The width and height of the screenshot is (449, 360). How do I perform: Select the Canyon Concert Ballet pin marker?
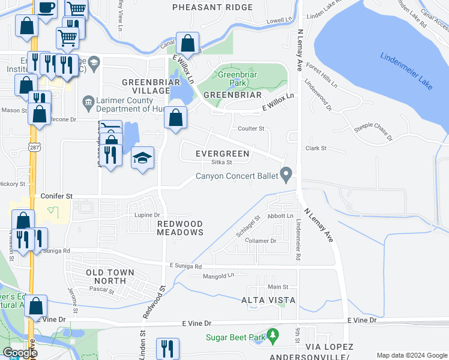pos(287,175)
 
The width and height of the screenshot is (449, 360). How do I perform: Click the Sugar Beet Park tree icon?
pos(273,333)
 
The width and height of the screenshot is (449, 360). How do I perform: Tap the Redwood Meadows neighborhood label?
pos(180,228)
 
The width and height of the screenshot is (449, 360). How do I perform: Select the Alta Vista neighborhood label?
pos(267,299)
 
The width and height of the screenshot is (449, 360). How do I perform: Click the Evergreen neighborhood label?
pos(223,154)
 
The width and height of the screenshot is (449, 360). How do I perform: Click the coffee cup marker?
pos(46,8)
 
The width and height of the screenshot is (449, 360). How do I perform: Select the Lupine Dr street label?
pos(147,215)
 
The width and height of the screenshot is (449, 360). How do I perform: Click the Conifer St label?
pos(56,196)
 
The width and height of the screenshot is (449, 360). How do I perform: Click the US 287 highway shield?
pos(32,146)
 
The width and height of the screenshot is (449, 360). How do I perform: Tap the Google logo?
pos(19,353)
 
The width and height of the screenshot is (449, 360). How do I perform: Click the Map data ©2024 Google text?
pos(411,355)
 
